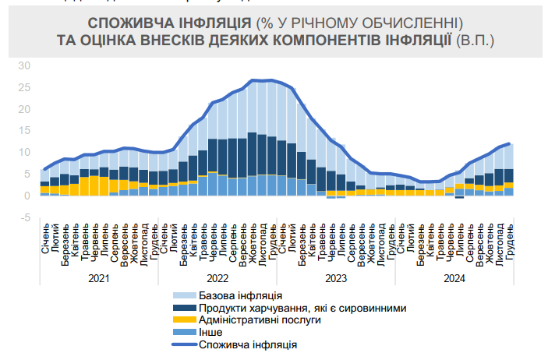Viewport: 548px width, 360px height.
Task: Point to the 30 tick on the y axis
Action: point(24,65)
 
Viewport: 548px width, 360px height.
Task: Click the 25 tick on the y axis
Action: point(24,87)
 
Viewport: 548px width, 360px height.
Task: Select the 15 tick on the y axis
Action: point(24,131)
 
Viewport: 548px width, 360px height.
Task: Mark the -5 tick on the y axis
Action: point(23,217)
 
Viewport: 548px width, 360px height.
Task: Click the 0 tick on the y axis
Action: point(27,196)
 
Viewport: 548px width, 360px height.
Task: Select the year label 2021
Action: point(98,277)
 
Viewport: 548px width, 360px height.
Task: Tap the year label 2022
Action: point(217,277)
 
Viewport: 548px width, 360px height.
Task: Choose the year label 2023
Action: point(335,277)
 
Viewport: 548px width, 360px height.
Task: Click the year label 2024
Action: point(454,277)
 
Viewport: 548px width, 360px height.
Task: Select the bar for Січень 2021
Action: point(45,182)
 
